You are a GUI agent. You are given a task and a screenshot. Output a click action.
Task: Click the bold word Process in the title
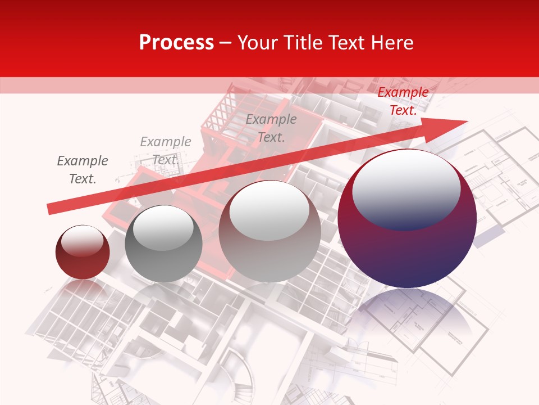[176, 43]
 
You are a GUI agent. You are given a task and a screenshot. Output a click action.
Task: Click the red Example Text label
[403, 101]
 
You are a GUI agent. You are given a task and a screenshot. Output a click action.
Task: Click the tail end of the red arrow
[51, 209]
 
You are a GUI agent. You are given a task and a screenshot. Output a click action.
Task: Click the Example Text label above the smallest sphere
[83, 170]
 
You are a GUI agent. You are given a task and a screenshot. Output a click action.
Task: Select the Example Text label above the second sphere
[165, 151]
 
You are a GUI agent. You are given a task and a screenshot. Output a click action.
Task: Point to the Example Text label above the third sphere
[271, 128]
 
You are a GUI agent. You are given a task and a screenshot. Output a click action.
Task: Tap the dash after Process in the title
[225, 43]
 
